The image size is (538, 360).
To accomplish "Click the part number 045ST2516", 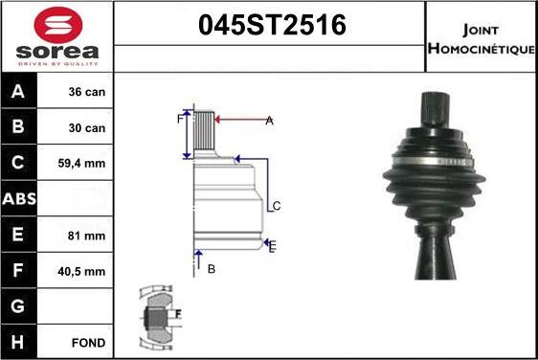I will [x=270, y=26].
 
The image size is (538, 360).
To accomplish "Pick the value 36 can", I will [x=85, y=93].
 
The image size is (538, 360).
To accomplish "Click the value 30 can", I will [x=85, y=128].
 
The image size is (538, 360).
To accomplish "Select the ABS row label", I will [x=20, y=199].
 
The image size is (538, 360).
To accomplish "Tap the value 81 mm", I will [x=85, y=235].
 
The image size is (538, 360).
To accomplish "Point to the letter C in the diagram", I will [x=276, y=206].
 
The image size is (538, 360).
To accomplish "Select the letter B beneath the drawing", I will [x=212, y=269].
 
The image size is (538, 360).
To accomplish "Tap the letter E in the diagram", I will [x=273, y=247].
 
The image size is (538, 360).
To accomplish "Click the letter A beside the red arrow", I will [x=270, y=120].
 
